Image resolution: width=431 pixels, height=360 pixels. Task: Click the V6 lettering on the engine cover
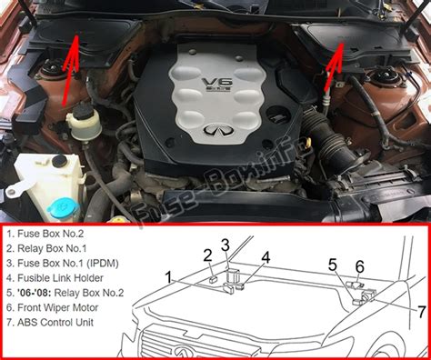point(217,83)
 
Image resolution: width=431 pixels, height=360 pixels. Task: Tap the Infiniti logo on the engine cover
point(219,130)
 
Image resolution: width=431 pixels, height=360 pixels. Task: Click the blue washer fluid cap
point(65,207)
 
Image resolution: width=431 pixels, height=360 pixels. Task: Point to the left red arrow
point(70,70)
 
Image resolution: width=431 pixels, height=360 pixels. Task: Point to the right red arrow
point(335,66)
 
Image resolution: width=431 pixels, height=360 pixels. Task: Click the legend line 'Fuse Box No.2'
point(45,234)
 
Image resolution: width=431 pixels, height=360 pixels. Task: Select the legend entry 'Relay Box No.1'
point(46,248)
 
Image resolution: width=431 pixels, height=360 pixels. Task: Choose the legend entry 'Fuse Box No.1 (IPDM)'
point(63,263)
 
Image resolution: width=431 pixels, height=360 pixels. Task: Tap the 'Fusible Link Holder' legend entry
point(55,278)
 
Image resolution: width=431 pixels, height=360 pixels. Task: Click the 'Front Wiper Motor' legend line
point(52,307)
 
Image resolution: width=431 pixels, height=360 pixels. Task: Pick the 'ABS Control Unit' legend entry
point(50,322)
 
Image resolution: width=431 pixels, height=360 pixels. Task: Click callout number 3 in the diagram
point(225,245)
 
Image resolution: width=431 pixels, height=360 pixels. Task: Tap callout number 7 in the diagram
point(422,312)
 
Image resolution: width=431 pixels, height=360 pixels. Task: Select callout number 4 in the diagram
point(266,257)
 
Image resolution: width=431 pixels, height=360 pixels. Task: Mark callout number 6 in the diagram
point(360,267)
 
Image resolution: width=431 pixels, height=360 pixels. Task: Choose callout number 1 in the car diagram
point(168,277)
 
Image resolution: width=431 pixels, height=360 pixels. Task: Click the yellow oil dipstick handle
point(308,141)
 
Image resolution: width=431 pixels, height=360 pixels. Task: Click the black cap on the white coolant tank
point(59,161)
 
